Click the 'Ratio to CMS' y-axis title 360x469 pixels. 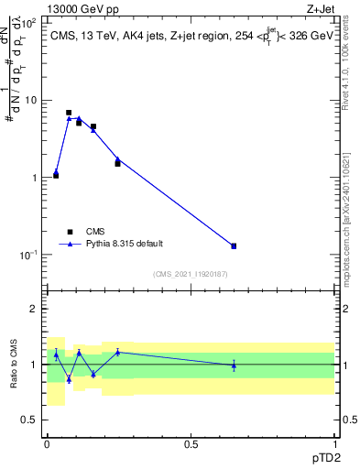[x=14, y=364]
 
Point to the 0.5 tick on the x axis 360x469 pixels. [x=191, y=443]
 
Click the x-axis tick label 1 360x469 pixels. [x=334, y=443]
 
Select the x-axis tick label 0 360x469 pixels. [x=47, y=443]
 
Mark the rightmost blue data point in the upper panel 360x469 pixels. [x=234, y=245]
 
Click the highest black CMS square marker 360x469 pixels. [x=69, y=113]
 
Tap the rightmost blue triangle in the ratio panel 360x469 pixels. [x=234, y=365]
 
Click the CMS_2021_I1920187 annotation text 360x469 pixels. [x=191, y=274]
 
